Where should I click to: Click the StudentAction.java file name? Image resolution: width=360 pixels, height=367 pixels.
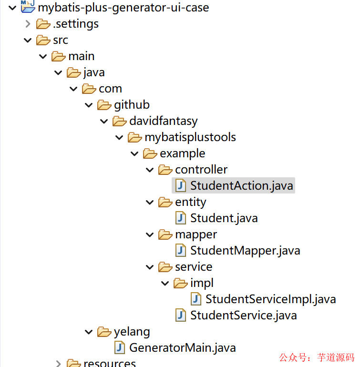click(241, 185)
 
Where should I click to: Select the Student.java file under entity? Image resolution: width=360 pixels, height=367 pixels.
click(224, 218)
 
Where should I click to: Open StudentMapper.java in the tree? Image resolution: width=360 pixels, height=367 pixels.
click(245, 250)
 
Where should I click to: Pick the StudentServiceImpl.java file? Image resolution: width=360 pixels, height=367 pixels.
click(270, 299)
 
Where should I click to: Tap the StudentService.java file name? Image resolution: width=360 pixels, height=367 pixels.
click(243, 315)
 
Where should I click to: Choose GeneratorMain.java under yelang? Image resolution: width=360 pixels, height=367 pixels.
click(182, 347)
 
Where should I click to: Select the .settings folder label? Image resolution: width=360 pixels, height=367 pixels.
click(75, 24)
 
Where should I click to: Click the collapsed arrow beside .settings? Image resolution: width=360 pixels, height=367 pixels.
click(28, 24)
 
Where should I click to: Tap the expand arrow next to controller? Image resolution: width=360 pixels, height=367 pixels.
click(150, 170)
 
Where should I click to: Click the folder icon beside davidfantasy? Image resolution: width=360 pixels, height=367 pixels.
click(120, 121)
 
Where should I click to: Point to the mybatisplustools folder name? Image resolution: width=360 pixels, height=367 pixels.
click(190, 137)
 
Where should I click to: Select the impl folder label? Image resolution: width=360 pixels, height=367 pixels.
click(202, 283)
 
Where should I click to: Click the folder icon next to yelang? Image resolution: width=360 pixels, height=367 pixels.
click(104, 331)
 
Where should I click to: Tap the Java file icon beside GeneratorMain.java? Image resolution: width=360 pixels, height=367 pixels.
click(120, 347)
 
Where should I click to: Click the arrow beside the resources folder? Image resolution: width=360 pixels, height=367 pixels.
click(58, 364)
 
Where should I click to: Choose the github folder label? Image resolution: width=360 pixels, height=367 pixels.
click(132, 105)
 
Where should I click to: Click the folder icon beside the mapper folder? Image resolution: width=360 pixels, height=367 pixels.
click(165, 234)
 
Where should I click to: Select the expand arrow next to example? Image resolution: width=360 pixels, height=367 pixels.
click(134, 153)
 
